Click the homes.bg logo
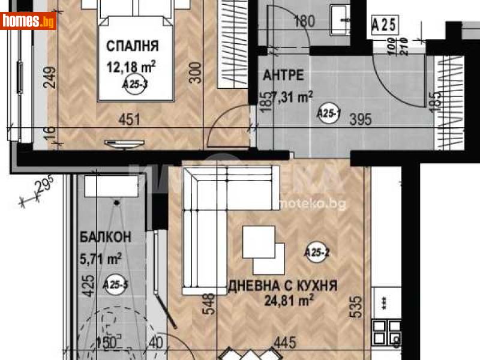28,22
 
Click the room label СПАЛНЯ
133,46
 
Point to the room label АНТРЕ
283,76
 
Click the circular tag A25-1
328,112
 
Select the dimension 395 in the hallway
361,120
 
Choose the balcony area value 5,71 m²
101,259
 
